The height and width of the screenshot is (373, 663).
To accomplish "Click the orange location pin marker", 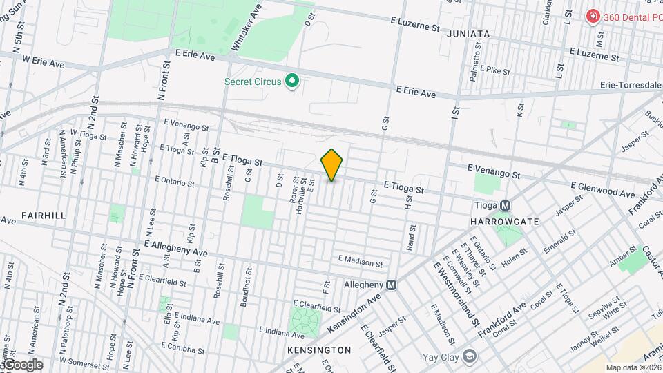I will point(331,164).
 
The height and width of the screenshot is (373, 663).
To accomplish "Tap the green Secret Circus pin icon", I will point(292,82).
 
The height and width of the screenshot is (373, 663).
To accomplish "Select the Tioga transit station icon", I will point(506,205).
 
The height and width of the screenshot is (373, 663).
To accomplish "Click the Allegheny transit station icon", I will point(392,285).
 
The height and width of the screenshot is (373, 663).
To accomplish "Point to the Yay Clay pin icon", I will point(470,357).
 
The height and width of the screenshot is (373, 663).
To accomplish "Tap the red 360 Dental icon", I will point(592,16).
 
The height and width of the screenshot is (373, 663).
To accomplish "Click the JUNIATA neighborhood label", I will point(468,33).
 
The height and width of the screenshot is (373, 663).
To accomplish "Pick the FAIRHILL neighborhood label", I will point(44,216).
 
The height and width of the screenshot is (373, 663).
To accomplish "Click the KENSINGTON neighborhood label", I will point(319,350).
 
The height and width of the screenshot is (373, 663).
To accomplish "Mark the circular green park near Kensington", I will point(305,321).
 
